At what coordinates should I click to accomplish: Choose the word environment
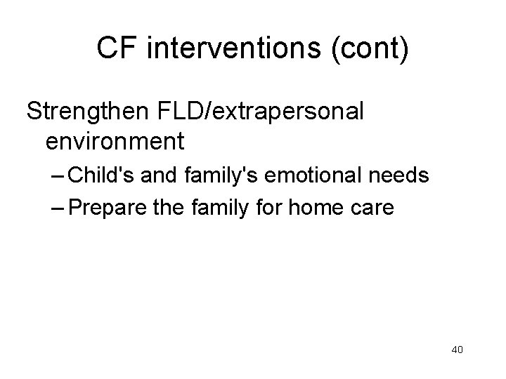(x=115, y=141)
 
